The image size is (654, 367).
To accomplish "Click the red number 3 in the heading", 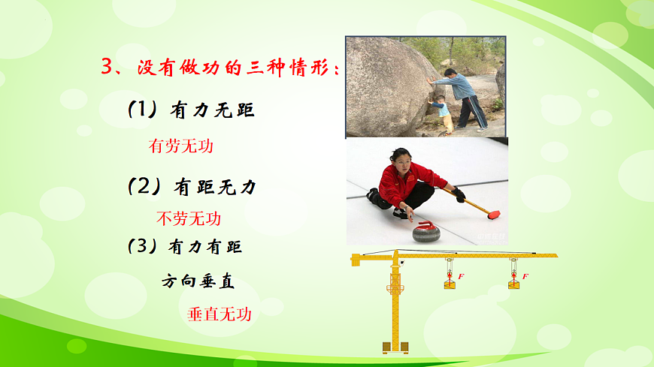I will (x=107, y=67).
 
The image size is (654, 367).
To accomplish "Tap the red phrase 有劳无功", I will (x=181, y=146).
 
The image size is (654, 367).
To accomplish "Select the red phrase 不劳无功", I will (x=189, y=218).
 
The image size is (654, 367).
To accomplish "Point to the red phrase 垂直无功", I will (x=219, y=314).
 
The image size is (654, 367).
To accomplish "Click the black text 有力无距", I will (x=213, y=111).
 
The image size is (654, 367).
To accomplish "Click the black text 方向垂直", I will (x=198, y=282).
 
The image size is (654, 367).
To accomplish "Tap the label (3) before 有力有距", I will (x=145, y=247).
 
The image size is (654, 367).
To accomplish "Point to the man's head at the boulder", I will (x=450, y=74).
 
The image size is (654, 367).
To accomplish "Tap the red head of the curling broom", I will (x=494, y=215).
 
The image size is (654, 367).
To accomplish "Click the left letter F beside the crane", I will (x=461, y=276).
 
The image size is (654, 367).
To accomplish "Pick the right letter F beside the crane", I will (x=525, y=276).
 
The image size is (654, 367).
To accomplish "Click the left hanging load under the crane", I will (x=450, y=284).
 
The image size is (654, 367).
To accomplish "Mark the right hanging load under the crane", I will (x=513, y=284).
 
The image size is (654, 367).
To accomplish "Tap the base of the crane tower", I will (x=395, y=347).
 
